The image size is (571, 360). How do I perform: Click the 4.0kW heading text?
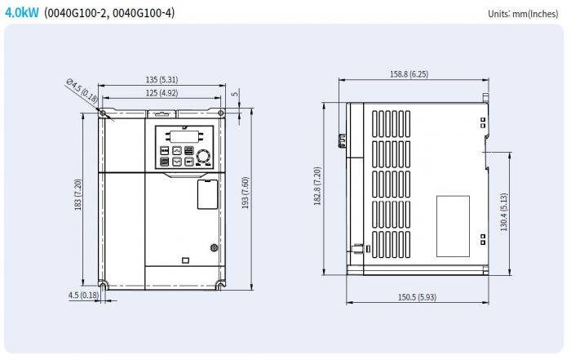(x=21, y=13)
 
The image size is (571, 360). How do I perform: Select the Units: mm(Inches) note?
(x=523, y=14)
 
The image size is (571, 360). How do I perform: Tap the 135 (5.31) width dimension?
(x=162, y=79)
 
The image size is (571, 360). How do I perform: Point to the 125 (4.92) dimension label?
(x=162, y=93)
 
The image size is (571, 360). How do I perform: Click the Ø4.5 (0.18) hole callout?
(x=82, y=91)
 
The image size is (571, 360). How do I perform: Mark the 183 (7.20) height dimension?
(x=77, y=194)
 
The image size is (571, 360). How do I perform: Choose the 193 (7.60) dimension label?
(x=245, y=193)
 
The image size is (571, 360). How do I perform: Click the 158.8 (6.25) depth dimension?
(x=409, y=74)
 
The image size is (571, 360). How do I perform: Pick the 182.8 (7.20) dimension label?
(x=317, y=186)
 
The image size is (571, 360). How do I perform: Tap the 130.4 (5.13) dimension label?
(x=503, y=212)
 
